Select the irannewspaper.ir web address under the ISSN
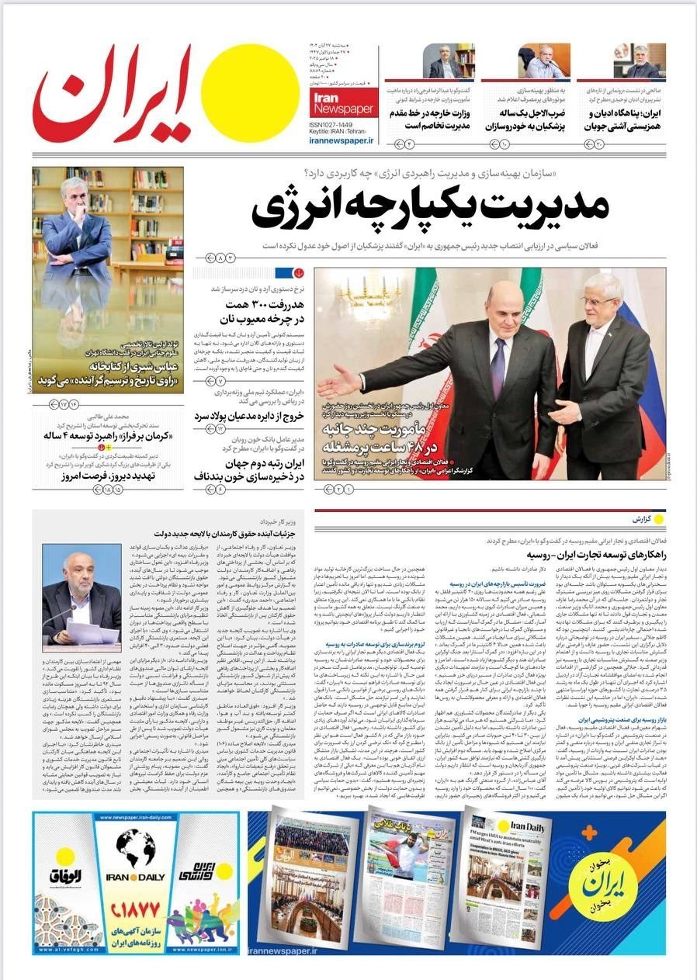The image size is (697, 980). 342,141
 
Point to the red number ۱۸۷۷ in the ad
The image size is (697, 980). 135,908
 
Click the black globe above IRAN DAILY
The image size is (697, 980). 135,848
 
